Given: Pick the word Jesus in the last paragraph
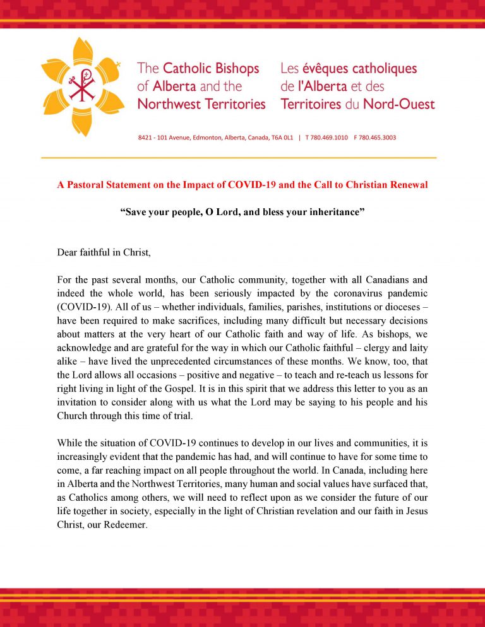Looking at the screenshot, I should pyautogui.click(x=414, y=511).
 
